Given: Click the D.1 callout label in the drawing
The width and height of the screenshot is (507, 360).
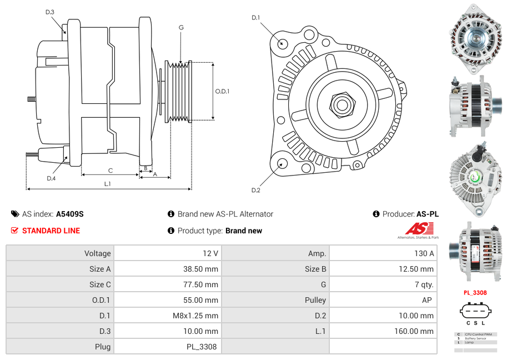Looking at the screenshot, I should (255, 18).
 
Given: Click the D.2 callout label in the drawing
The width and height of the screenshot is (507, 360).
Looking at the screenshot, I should (255, 190).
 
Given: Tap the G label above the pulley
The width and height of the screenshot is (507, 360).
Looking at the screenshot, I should (181, 27).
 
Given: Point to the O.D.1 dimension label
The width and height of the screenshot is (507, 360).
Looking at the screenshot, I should (222, 92).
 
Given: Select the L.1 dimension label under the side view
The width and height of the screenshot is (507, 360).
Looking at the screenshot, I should (108, 183).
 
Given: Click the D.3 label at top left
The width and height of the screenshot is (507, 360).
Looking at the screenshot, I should (50, 12).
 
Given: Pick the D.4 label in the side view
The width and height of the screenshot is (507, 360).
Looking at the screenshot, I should (51, 178).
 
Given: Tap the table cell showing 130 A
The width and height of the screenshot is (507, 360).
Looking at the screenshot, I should (383, 253).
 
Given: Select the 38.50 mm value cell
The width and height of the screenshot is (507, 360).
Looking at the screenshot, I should (167, 269).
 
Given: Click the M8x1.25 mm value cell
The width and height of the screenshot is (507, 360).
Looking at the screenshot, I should (167, 316).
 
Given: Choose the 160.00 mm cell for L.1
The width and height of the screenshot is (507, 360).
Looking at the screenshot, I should (383, 331).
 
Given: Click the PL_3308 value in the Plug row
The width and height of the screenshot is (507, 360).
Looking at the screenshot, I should (167, 347).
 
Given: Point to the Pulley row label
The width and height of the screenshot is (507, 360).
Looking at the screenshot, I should (315, 300).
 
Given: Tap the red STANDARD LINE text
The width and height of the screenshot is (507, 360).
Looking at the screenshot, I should (51, 231).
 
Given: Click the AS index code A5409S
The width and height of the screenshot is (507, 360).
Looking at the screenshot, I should (69, 214).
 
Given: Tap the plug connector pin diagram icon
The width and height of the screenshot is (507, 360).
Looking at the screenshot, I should (475, 311).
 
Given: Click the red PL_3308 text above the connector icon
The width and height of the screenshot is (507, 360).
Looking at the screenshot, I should (475, 293).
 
